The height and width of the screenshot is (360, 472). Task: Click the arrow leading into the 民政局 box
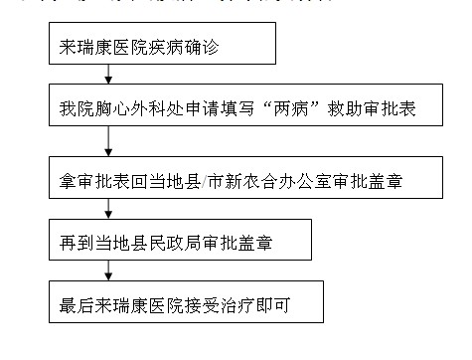coord(108,210)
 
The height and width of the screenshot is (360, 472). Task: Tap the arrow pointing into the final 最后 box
coord(108,271)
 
